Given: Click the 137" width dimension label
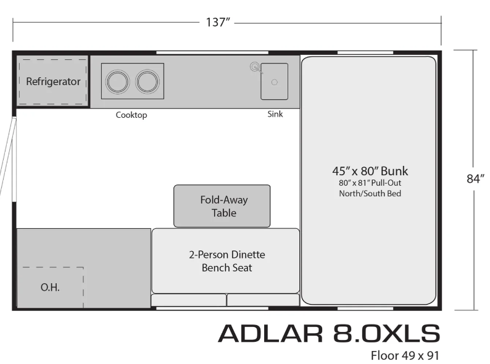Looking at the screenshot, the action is pyautogui.click(x=218, y=22).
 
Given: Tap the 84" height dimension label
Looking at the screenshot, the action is pyautogui.click(x=475, y=179).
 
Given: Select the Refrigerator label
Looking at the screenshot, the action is pyautogui.click(x=53, y=81).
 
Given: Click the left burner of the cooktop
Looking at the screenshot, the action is pyautogui.click(x=117, y=81).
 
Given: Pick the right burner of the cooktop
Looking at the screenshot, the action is pyautogui.click(x=147, y=81).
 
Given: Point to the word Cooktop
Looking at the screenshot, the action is pyautogui.click(x=131, y=115).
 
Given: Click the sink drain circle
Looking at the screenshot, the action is pyautogui.click(x=275, y=82).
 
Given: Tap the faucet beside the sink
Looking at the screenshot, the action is pyautogui.click(x=256, y=68).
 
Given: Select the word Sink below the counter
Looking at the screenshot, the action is pyautogui.click(x=275, y=114).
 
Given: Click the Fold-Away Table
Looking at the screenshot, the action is pyautogui.click(x=222, y=206).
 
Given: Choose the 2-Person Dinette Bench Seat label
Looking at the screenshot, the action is pyautogui.click(x=227, y=261).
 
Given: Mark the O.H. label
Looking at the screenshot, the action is pyautogui.click(x=50, y=287).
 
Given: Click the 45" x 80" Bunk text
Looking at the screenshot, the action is pyautogui.click(x=370, y=171).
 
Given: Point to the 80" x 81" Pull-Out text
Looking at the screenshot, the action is pyautogui.click(x=370, y=183).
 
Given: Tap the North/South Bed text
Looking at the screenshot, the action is pyautogui.click(x=370, y=193).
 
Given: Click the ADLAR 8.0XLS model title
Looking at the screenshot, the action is pyautogui.click(x=329, y=333).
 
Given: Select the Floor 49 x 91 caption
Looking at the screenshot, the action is pyautogui.click(x=405, y=355).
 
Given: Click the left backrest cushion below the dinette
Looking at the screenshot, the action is pyautogui.click(x=188, y=300).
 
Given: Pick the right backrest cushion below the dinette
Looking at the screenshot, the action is pyautogui.click(x=263, y=300).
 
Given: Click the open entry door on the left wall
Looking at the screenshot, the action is pyautogui.click(x=7, y=156).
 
